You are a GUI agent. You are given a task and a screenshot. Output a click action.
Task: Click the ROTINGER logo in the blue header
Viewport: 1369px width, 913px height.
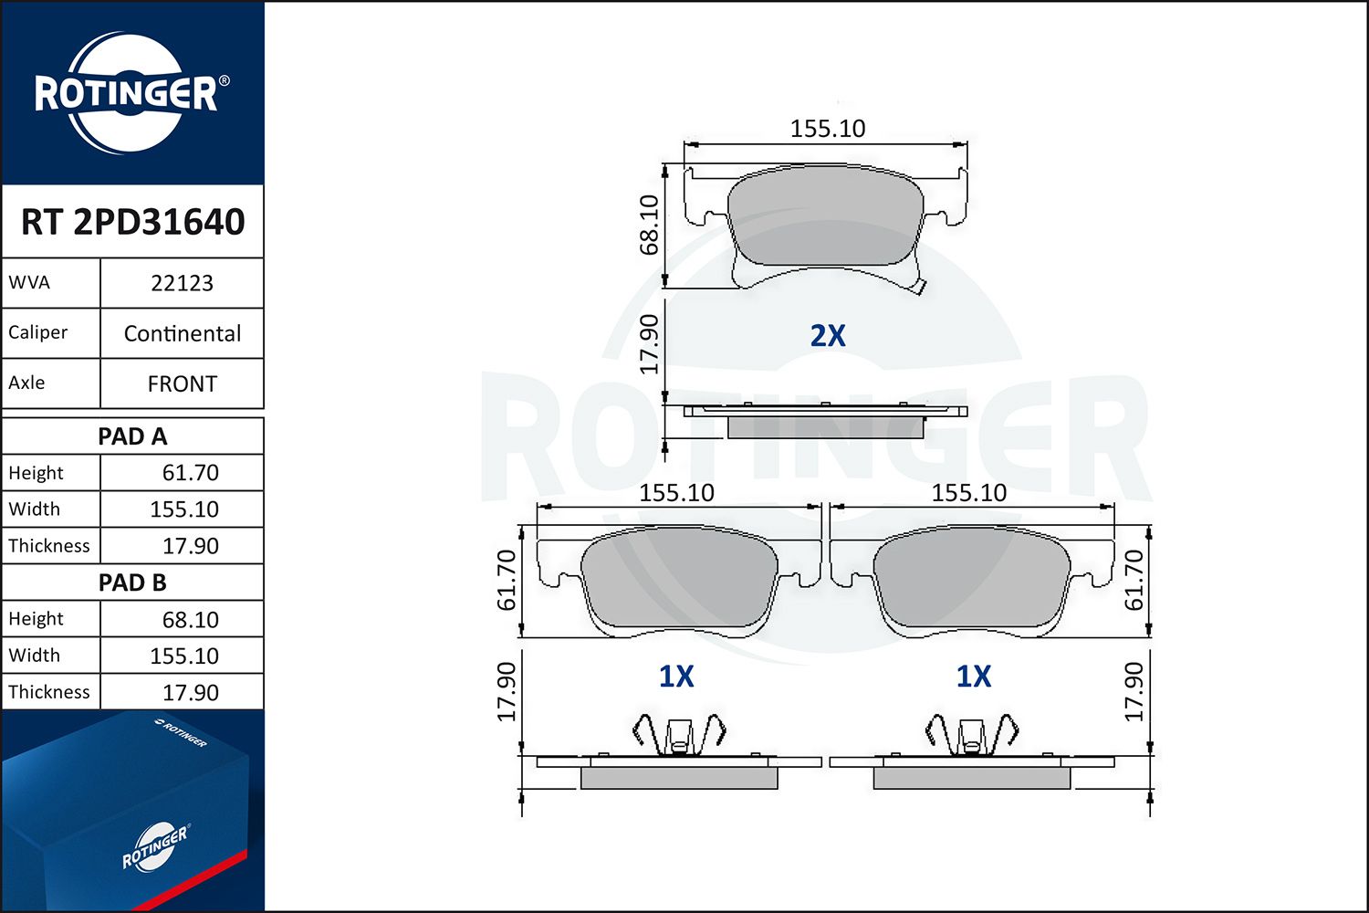coord(126,93)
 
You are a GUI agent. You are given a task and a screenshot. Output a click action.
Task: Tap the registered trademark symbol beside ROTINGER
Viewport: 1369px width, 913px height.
coord(224,81)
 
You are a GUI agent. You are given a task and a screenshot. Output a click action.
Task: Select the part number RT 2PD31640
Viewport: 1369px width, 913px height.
coord(133,222)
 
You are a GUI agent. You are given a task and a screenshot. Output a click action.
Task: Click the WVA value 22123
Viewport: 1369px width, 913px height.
coord(182,283)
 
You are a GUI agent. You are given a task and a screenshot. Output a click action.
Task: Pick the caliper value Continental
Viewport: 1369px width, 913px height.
coord(183,333)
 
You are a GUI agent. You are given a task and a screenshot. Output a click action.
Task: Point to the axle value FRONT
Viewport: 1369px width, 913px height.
coord(183,383)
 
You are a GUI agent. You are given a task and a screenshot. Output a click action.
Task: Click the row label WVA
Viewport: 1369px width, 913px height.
coord(29,282)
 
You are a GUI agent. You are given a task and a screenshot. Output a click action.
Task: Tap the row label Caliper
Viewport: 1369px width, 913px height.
coord(37,332)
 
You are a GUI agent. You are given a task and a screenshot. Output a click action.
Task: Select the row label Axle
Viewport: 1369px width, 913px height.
coord(26,383)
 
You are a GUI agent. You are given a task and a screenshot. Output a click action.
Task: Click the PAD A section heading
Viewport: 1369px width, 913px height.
coord(132,436)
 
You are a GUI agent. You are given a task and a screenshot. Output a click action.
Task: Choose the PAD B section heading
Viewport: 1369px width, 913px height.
coord(132,582)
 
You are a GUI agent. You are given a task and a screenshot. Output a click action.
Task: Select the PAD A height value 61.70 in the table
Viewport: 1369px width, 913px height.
coord(190,473)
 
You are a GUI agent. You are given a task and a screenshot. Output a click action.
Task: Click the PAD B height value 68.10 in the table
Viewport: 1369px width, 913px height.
coord(190,619)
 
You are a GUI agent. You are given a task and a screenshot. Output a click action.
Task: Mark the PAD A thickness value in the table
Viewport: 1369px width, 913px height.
coord(190,546)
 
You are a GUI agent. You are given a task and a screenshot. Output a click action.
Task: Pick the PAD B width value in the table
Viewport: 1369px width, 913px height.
coord(184,656)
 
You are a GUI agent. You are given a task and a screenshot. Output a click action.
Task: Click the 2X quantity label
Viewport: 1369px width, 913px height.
coord(828,336)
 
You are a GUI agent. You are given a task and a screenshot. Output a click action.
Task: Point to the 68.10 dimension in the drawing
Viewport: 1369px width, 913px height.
coord(649,225)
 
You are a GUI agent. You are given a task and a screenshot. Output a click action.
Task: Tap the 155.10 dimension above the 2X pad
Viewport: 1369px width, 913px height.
coord(827,129)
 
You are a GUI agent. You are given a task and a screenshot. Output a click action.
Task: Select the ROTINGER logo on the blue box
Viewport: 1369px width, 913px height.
coord(154,847)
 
